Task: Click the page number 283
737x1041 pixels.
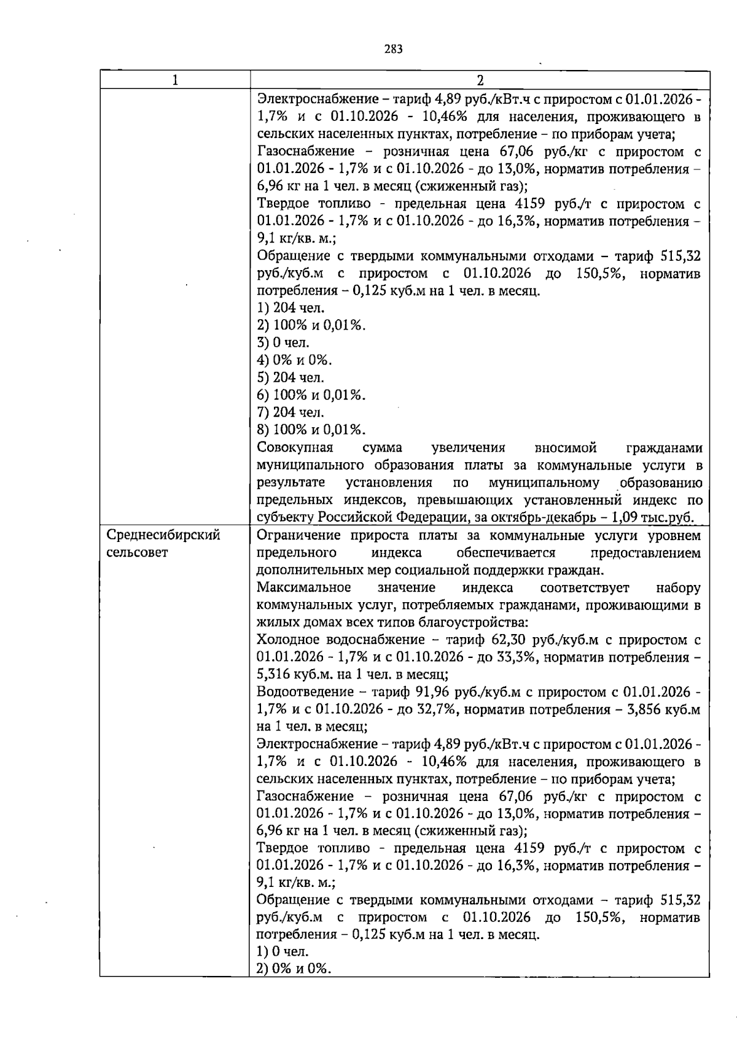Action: pyautogui.click(x=394, y=50)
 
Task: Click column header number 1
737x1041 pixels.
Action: pyautogui.click(x=176, y=80)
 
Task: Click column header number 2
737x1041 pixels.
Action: pyautogui.click(x=480, y=80)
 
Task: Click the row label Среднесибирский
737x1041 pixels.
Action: pyautogui.click(x=163, y=535)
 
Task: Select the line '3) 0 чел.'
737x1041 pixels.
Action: pyautogui.click(x=283, y=342)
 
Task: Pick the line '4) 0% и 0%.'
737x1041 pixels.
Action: pyautogui.click(x=294, y=360)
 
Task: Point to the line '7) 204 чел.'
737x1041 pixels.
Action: pyautogui.click(x=291, y=412)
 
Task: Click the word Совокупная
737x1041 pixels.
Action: pyautogui.click(x=295, y=448)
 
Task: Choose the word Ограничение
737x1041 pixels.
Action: pyautogui.click(x=298, y=535)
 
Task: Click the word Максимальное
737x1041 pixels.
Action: pyautogui.click(x=304, y=587)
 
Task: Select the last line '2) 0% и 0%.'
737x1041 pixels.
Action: pyautogui.click(x=294, y=969)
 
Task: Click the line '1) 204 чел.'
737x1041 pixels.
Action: pyautogui.click(x=291, y=308)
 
